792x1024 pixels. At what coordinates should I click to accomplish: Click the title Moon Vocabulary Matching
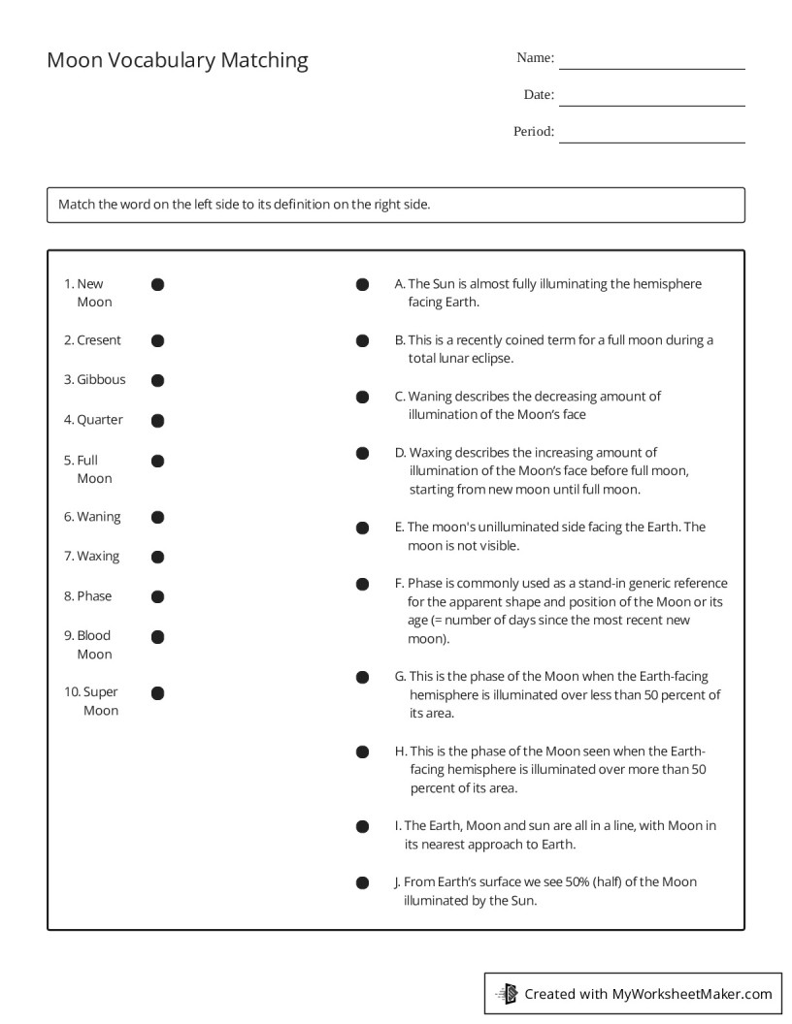pos(178,60)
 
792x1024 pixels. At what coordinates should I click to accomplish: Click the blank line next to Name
pos(651,67)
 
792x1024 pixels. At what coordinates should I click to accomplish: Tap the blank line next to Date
pos(651,104)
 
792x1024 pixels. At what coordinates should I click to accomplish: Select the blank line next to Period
pos(651,141)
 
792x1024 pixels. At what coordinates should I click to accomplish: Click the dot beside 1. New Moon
pos(157,284)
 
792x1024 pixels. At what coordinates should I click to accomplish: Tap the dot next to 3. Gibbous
pos(157,380)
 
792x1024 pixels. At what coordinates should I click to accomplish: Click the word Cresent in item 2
pos(99,340)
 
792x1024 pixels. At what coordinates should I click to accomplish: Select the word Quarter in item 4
pos(100,420)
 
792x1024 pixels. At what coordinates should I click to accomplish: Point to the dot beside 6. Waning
pos(157,518)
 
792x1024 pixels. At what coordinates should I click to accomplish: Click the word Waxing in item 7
pos(98,557)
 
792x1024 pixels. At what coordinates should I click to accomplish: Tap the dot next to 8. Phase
pos(157,596)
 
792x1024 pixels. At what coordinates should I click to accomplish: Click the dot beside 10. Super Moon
pos(157,692)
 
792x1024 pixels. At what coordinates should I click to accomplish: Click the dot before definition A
pos(362,285)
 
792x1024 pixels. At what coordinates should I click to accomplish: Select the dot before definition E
pos(362,528)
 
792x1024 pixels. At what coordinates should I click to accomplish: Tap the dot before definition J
pos(362,883)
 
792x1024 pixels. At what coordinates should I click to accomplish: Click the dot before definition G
pos(362,677)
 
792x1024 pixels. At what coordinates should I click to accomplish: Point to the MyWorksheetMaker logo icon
pos(507,993)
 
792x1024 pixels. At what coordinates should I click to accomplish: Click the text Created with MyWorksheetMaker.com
pos(647,994)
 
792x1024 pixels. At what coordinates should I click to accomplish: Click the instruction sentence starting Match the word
pos(244,205)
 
